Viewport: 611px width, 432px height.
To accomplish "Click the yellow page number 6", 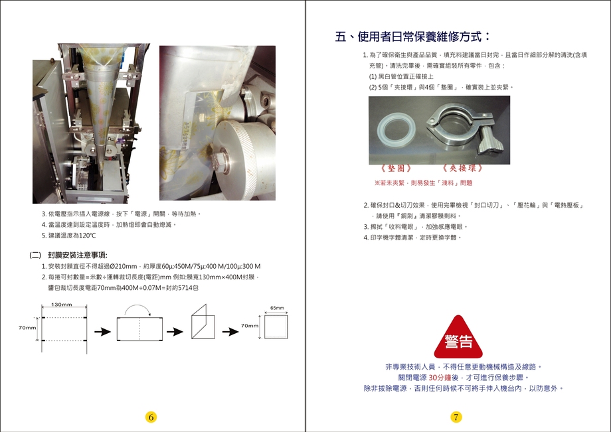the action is pyautogui.click(x=151, y=417).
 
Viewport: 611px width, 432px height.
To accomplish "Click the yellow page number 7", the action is pyautogui.click(x=456, y=417).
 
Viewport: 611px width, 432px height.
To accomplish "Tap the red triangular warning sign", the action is pyautogui.click(x=458, y=337).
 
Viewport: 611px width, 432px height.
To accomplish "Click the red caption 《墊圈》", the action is pyautogui.click(x=396, y=168).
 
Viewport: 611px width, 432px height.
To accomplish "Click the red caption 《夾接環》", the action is pyautogui.click(x=463, y=168).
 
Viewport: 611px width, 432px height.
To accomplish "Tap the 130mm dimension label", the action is pyautogui.click(x=62, y=305).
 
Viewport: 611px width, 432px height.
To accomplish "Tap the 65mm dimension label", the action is pyautogui.click(x=277, y=308).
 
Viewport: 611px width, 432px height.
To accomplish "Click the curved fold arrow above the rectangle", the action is pyautogui.click(x=137, y=310).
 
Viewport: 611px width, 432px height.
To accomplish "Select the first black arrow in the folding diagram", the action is pyautogui.click(x=103, y=332).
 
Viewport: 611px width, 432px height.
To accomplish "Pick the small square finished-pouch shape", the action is pyautogui.click(x=276, y=326).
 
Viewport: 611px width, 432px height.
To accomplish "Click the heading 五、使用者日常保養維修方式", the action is pyautogui.click(x=412, y=37).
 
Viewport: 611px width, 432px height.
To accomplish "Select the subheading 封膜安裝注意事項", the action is pyautogui.click(x=78, y=255).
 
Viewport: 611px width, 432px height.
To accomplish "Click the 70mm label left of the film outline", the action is pyautogui.click(x=27, y=328).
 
